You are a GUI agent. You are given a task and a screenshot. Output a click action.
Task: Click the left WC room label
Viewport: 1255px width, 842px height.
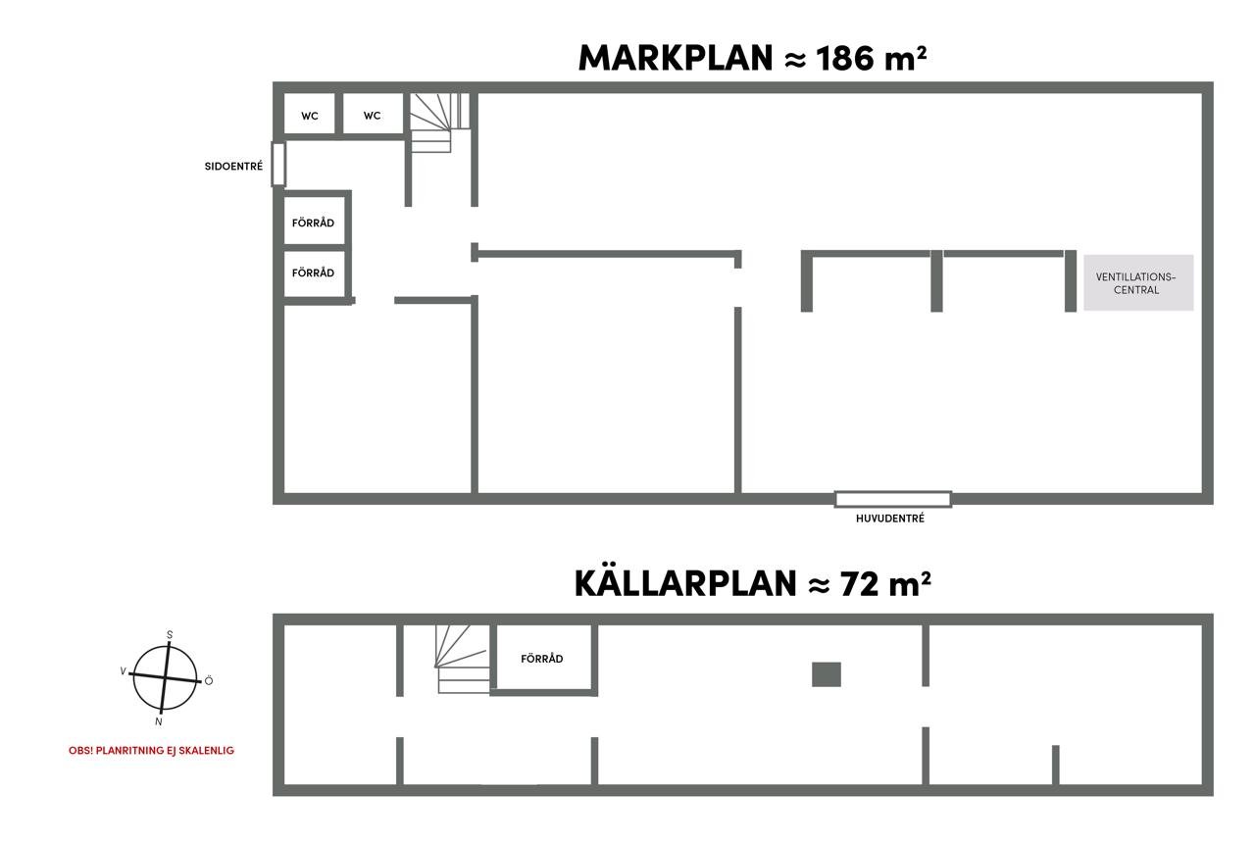309,116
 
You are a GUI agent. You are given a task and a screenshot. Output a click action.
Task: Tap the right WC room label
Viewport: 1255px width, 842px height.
372,116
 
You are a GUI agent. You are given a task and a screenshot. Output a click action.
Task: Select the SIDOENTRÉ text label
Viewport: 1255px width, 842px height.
233,167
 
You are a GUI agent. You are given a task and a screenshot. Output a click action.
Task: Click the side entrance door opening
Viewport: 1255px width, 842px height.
278,164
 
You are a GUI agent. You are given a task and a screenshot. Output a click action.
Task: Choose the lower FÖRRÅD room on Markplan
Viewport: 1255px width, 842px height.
313,273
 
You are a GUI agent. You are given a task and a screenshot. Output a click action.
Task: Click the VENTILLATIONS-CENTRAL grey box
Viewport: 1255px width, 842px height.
1138,283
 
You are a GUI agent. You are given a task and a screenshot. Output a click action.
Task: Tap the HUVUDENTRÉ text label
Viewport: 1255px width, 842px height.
889,519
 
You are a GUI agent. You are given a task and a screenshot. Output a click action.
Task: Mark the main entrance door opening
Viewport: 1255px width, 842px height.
892,499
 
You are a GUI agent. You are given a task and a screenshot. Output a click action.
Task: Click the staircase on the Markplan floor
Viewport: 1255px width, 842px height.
438,122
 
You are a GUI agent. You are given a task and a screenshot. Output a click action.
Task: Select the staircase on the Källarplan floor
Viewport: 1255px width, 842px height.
463,660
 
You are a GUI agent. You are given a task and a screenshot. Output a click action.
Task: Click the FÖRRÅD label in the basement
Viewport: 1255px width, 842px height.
542,659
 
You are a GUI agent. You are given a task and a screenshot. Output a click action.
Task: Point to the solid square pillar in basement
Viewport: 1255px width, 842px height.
827,674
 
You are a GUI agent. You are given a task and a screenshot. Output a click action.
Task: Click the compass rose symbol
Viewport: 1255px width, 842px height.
166,677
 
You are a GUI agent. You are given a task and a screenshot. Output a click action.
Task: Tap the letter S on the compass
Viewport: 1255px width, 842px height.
170,635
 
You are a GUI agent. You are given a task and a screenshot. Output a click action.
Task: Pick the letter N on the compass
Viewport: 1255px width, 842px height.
159,721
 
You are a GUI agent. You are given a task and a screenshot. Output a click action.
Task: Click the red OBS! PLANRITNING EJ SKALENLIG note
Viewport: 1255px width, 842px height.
151,751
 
